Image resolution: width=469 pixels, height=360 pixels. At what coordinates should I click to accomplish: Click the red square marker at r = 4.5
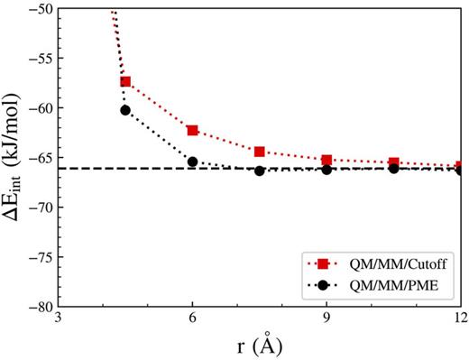coord(125,82)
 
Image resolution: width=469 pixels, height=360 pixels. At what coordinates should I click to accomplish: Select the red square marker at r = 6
coord(192,131)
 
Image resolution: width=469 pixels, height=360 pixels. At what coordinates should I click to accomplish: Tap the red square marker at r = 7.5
coord(260,152)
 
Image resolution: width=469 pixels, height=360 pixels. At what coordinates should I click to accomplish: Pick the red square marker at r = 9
coord(326,161)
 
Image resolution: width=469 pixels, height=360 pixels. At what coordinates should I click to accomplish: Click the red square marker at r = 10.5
coord(394,163)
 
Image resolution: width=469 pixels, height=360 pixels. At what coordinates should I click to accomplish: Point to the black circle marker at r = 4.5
coord(125,110)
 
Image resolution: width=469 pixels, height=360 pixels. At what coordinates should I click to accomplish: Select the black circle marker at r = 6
coord(192,162)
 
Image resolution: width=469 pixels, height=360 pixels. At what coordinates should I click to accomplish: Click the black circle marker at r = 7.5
coord(260,171)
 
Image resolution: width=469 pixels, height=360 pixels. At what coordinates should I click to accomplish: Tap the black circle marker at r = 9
coord(326,170)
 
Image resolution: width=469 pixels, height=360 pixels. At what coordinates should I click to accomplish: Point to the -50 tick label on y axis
coord(39,8)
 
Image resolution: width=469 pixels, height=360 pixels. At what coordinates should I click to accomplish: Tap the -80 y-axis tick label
coord(39,306)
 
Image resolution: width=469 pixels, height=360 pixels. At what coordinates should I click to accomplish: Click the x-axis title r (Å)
coord(260,346)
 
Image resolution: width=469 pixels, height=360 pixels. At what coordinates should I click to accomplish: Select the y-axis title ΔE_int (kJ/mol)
coord(12,158)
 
